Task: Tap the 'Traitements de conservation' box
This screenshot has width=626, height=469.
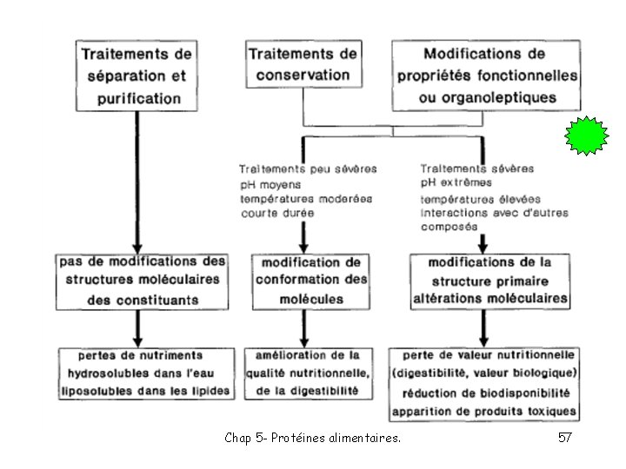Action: click(x=300, y=63)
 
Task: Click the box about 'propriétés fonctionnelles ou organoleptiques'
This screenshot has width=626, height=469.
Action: click(x=486, y=75)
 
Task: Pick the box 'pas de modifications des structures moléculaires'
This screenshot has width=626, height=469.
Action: click(x=142, y=280)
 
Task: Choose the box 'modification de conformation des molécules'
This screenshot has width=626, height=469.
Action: click(x=311, y=280)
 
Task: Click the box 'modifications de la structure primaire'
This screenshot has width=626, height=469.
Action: click(x=490, y=280)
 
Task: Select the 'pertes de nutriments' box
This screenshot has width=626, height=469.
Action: click(x=145, y=373)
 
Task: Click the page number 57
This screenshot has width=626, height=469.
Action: click(x=564, y=439)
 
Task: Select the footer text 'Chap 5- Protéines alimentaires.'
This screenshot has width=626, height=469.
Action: click(x=312, y=439)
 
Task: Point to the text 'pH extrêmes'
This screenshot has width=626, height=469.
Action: click(x=456, y=182)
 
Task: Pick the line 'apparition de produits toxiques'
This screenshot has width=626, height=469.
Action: click(x=484, y=410)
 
